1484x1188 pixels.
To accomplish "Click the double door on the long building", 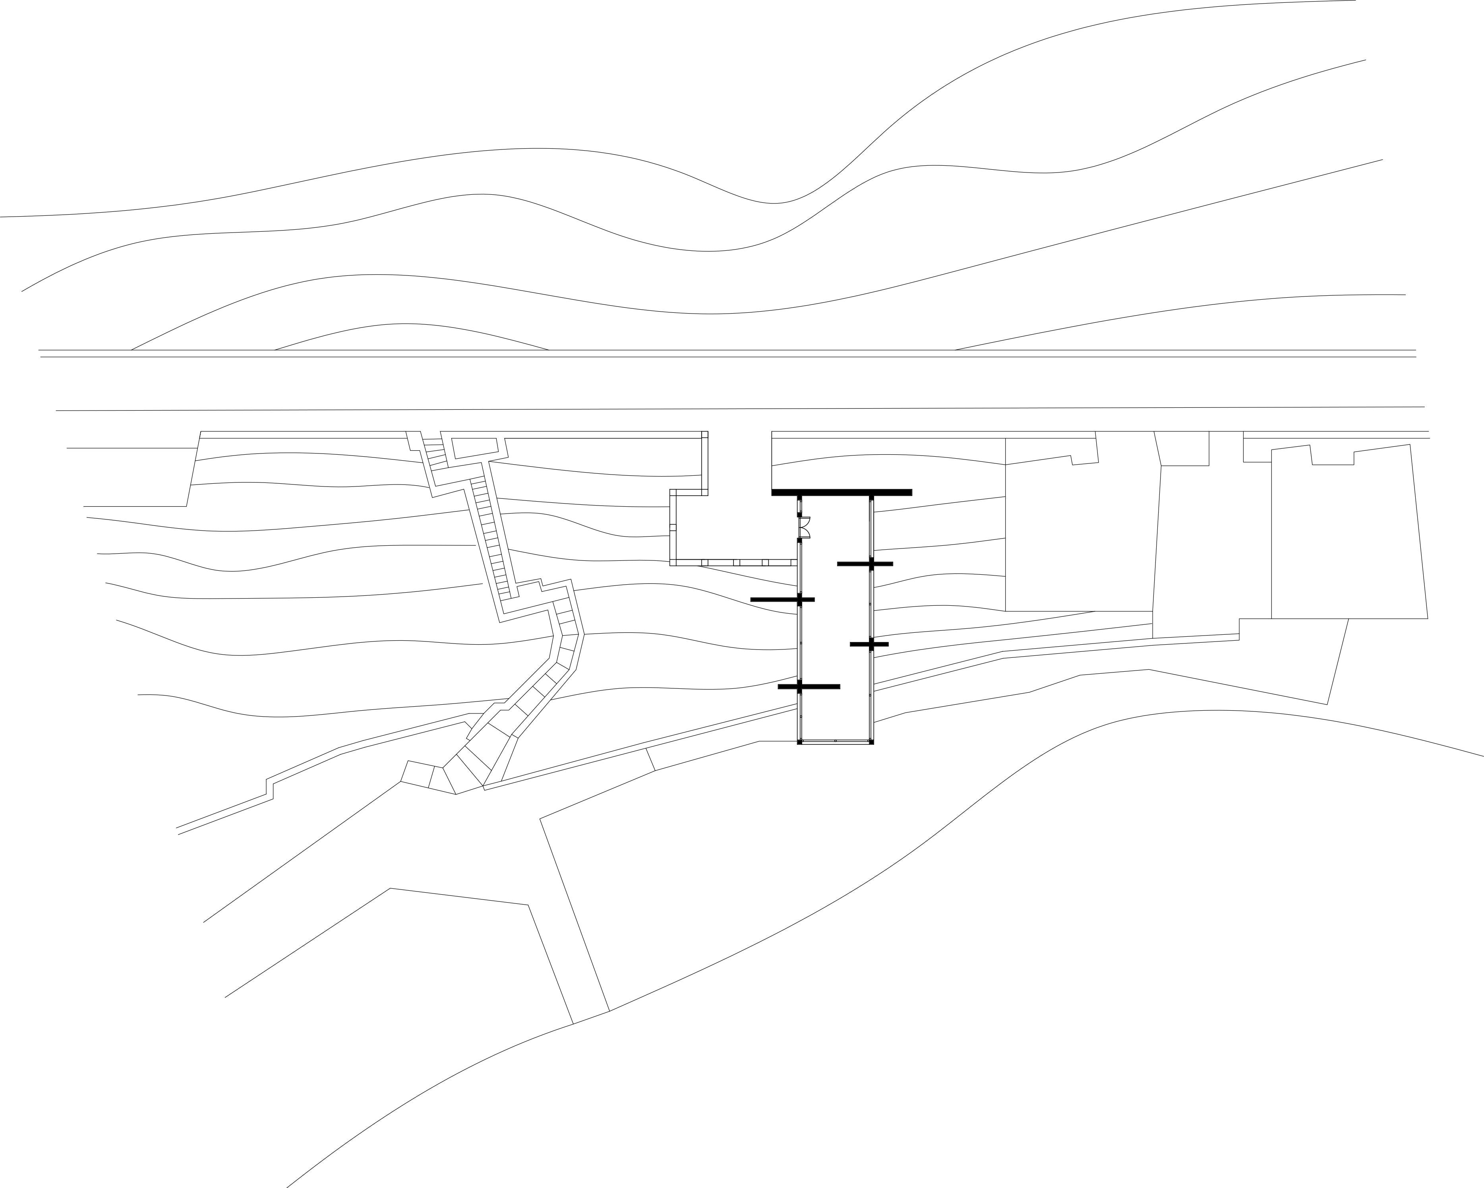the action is tap(804, 527).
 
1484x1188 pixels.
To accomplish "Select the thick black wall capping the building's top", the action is tap(841, 492).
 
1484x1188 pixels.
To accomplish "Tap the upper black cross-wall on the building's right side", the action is tap(865, 564).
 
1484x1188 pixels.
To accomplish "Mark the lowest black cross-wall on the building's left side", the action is tap(809, 687).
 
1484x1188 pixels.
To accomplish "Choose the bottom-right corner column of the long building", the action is tap(871, 742).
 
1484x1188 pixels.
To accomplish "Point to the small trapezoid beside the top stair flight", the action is tap(474, 448).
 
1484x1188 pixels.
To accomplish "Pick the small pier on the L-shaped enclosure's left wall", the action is tap(673, 527).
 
